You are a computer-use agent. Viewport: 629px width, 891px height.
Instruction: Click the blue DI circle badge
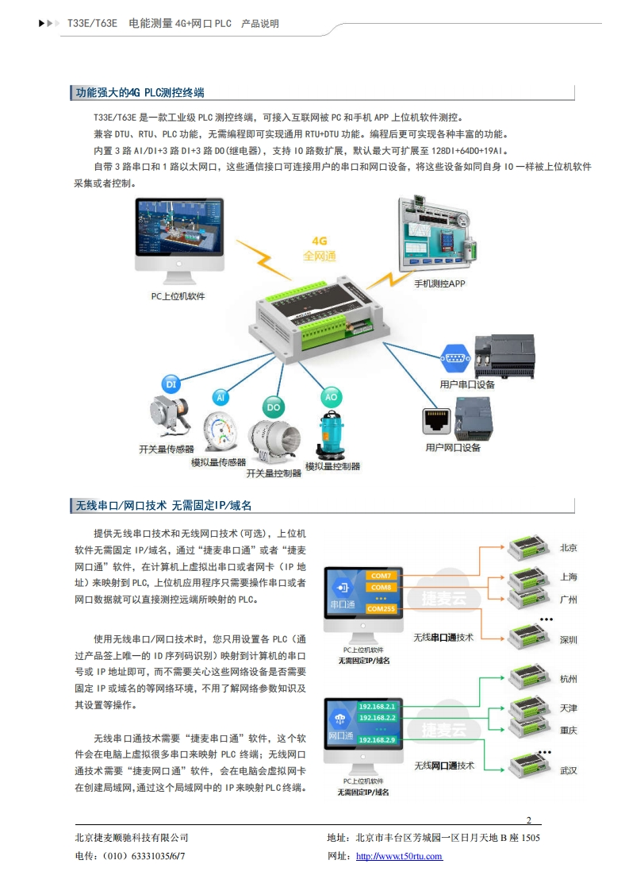click(x=171, y=384)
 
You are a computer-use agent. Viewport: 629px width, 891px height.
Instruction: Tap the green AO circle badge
click(x=331, y=396)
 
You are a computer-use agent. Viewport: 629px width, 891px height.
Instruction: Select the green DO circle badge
click(x=274, y=407)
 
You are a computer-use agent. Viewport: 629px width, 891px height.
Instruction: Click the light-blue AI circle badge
click(x=221, y=396)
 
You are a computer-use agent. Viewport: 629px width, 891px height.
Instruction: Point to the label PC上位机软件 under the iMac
click(x=178, y=296)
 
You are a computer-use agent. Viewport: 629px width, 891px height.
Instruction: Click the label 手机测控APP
click(x=440, y=283)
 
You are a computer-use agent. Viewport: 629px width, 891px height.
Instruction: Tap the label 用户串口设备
click(x=466, y=384)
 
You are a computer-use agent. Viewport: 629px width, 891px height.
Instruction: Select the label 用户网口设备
click(x=453, y=448)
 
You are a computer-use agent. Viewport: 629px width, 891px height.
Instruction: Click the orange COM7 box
click(x=381, y=575)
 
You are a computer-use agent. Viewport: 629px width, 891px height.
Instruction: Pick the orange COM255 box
click(x=381, y=609)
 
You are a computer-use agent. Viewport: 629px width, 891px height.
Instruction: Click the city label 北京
click(x=568, y=548)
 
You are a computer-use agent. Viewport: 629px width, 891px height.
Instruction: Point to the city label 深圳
click(x=568, y=639)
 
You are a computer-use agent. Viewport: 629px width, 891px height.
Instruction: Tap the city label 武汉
click(x=568, y=770)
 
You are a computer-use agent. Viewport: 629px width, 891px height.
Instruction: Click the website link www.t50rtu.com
click(x=399, y=856)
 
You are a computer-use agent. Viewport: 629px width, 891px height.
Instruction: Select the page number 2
click(x=529, y=820)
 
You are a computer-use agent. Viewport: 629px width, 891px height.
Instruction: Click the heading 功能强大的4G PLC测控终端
click(x=139, y=93)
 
